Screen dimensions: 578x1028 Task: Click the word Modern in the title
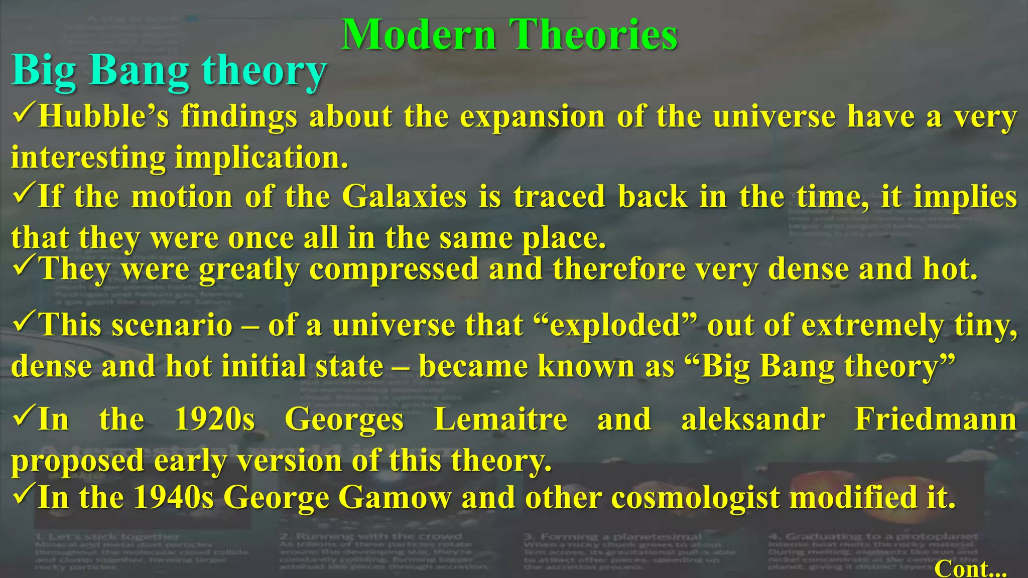[x=419, y=35]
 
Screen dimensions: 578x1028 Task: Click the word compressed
[x=394, y=269]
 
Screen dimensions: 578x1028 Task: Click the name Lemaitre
[x=500, y=419]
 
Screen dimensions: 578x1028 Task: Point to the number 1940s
[x=174, y=497]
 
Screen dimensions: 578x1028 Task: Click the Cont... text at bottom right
[x=970, y=568]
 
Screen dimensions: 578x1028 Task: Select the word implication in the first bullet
[x=261, y=158]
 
